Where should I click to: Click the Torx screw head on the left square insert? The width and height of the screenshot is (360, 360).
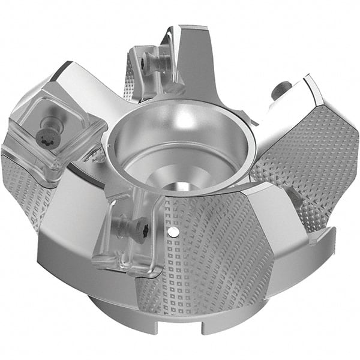(x=46, y=137)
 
